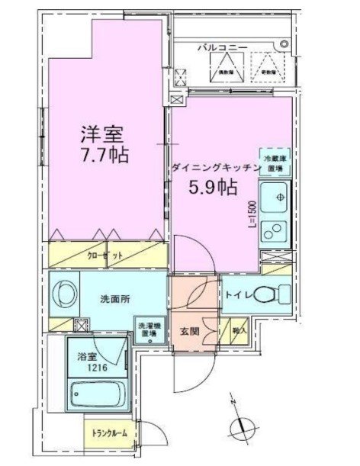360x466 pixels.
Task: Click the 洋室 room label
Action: click(x=104, y=134)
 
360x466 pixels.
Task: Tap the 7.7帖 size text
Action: click(x=104, y=155)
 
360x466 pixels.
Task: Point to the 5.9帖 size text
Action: click(x=212, y=185)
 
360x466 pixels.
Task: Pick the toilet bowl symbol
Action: click(x=268, y=294)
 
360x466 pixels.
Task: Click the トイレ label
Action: click(x=236, y=292)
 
